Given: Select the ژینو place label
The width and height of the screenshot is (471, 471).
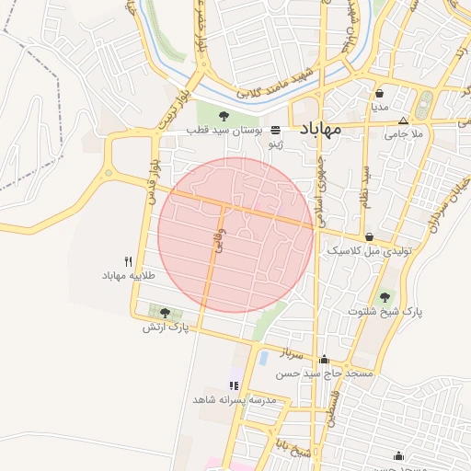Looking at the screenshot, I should point(275,145).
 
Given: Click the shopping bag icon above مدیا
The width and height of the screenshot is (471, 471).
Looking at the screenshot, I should point(380,93).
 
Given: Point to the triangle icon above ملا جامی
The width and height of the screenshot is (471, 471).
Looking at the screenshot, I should point(403,121).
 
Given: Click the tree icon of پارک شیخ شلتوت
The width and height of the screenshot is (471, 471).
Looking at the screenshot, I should point(384,297).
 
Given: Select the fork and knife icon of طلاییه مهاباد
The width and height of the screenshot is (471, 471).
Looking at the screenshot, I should point(128,261).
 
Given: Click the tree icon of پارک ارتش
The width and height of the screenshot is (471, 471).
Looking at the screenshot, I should point(165,313).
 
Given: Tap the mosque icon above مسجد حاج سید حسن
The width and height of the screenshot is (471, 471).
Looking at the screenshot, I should point(324,360).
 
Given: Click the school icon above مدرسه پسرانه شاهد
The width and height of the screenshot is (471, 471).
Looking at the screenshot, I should point(234,385).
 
